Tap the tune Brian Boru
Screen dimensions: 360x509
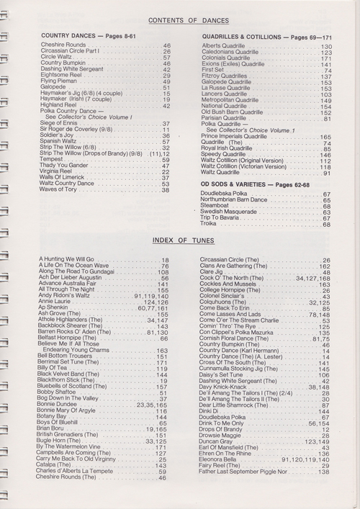[54, 428]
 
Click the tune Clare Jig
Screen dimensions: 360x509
[212, 271]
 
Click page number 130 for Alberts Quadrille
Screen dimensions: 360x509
[325, 46]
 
